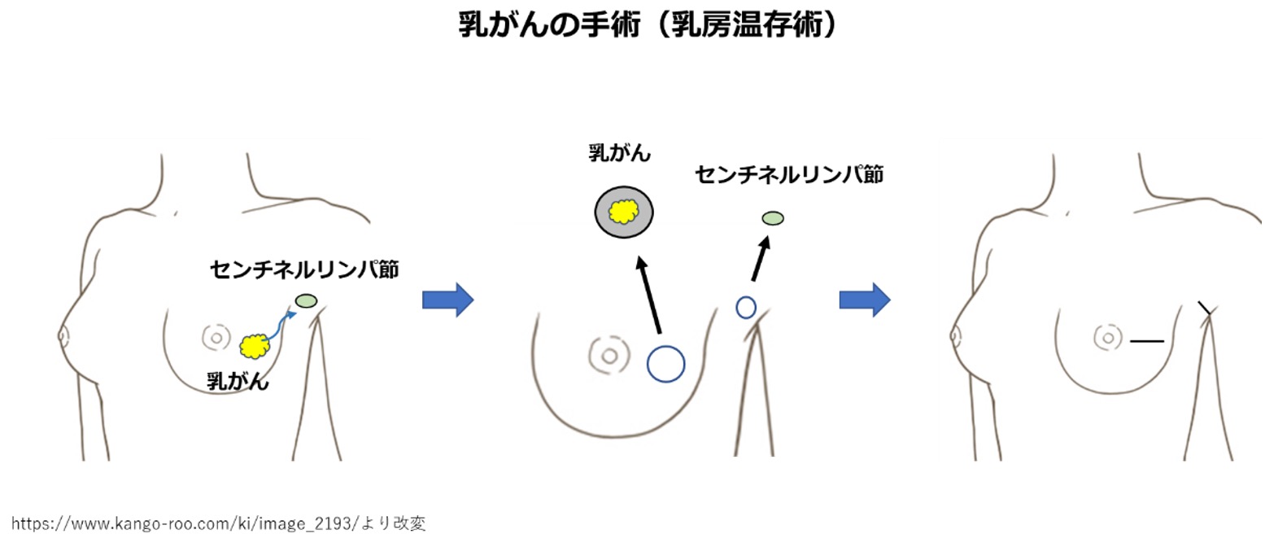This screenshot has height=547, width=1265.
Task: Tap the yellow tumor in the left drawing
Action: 255,347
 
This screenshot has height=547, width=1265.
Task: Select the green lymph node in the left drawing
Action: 307,301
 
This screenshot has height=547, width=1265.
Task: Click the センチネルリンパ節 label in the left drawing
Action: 304,269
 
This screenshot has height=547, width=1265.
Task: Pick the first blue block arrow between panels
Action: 447,300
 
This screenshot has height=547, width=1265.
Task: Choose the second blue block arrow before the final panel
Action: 864,300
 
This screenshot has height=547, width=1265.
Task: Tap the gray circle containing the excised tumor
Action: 624,212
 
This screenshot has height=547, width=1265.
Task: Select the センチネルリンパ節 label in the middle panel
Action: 788,174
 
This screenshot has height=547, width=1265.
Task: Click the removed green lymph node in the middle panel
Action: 773,217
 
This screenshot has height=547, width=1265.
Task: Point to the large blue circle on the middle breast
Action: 665,364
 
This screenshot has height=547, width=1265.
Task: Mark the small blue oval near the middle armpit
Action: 746,308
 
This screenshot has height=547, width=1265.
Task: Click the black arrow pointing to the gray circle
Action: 649,296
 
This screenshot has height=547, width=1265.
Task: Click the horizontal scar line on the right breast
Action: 1147,341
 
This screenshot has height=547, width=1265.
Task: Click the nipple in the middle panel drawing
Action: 607,354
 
